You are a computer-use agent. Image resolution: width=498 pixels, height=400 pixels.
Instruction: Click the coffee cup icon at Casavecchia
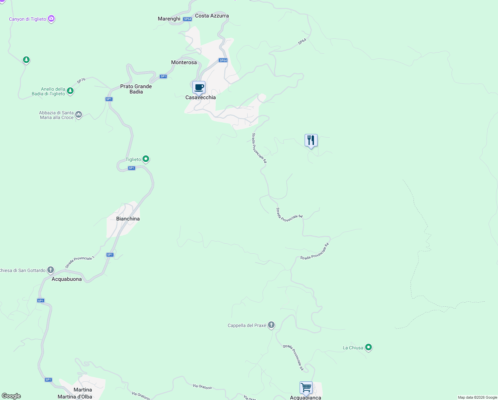[x=199, y=88]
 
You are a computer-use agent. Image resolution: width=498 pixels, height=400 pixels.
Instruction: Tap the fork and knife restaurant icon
[x=311, y=140]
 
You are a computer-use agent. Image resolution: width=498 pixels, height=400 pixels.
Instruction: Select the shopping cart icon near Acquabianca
[x=306, y=388]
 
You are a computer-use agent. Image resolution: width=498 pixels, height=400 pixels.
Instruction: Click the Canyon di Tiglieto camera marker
[x=51, y=19]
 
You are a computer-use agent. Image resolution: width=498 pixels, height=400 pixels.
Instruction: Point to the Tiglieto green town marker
[x=146, y=159]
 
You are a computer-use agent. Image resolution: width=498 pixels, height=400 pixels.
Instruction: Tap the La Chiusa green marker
[x=368, y=347]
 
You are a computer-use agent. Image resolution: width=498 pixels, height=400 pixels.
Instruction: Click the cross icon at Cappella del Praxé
[x=271, y=325]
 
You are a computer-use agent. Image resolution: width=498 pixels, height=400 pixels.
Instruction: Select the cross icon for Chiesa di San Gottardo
[x=51, y=270]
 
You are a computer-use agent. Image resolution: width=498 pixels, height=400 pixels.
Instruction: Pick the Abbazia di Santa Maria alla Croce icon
[x=79, y=115]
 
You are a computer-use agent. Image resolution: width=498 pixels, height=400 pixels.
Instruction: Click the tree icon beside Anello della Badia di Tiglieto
[x=70, y=91]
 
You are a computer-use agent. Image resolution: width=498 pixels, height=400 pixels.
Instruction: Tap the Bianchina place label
[x=128, y=219]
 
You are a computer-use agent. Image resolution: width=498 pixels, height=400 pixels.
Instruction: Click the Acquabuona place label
[x=67, y=279]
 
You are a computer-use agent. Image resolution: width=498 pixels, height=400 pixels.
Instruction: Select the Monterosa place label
[x=184, y=62]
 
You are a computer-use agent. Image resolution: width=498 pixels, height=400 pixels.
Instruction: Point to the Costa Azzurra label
[x=212, y=16]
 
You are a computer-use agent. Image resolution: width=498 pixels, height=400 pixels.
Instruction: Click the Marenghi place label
[x=169, y=19]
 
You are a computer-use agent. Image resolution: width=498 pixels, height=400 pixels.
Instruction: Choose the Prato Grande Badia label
[x=136, y=89]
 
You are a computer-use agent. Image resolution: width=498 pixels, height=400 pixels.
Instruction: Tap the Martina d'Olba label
[x=75, y=397]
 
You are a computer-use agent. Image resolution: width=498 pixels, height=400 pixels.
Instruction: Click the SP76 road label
[x=81, y=81]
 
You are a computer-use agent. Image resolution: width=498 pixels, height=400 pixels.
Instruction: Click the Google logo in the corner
[x=11, y=396]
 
